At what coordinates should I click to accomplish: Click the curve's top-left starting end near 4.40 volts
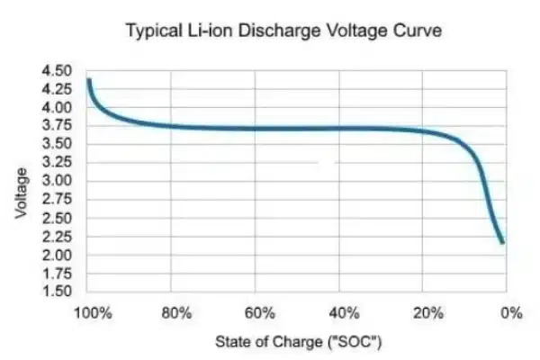click(x=88, y=81)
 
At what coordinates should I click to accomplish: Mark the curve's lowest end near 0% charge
click(x=501, y=241)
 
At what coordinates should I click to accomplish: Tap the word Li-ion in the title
click(x=234, y=31)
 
